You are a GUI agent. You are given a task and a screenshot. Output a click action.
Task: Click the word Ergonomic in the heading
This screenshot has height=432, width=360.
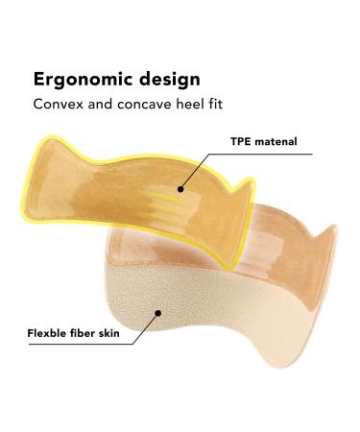[81, 78]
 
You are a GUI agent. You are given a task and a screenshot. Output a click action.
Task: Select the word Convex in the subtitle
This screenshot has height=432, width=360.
[59, 105]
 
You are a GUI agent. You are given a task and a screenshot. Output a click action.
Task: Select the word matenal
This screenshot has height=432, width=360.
[278, 141]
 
